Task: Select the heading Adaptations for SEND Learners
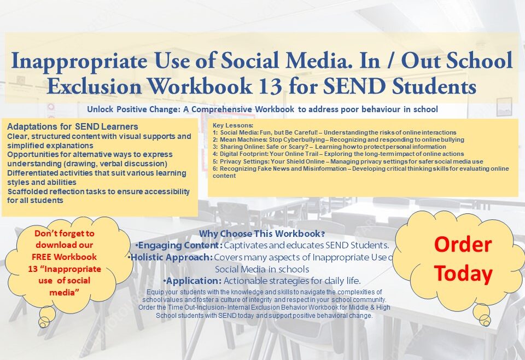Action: (x=73, y=126)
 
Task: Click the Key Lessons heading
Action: (x=233, y=125)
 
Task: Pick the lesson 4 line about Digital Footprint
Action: (x=338, y=154)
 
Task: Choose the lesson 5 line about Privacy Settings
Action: (x=348, y=161)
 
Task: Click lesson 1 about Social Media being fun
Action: (x=335, y=132)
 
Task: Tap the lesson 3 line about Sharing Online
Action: (x=329, y=147)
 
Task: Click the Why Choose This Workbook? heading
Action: (x=262, y=234)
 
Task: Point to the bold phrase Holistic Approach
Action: (x=171, y=257)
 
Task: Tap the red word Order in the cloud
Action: (x=463, y=244)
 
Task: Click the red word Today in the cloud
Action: (x=463, y=273)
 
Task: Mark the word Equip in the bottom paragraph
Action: (x=155, y=292)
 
